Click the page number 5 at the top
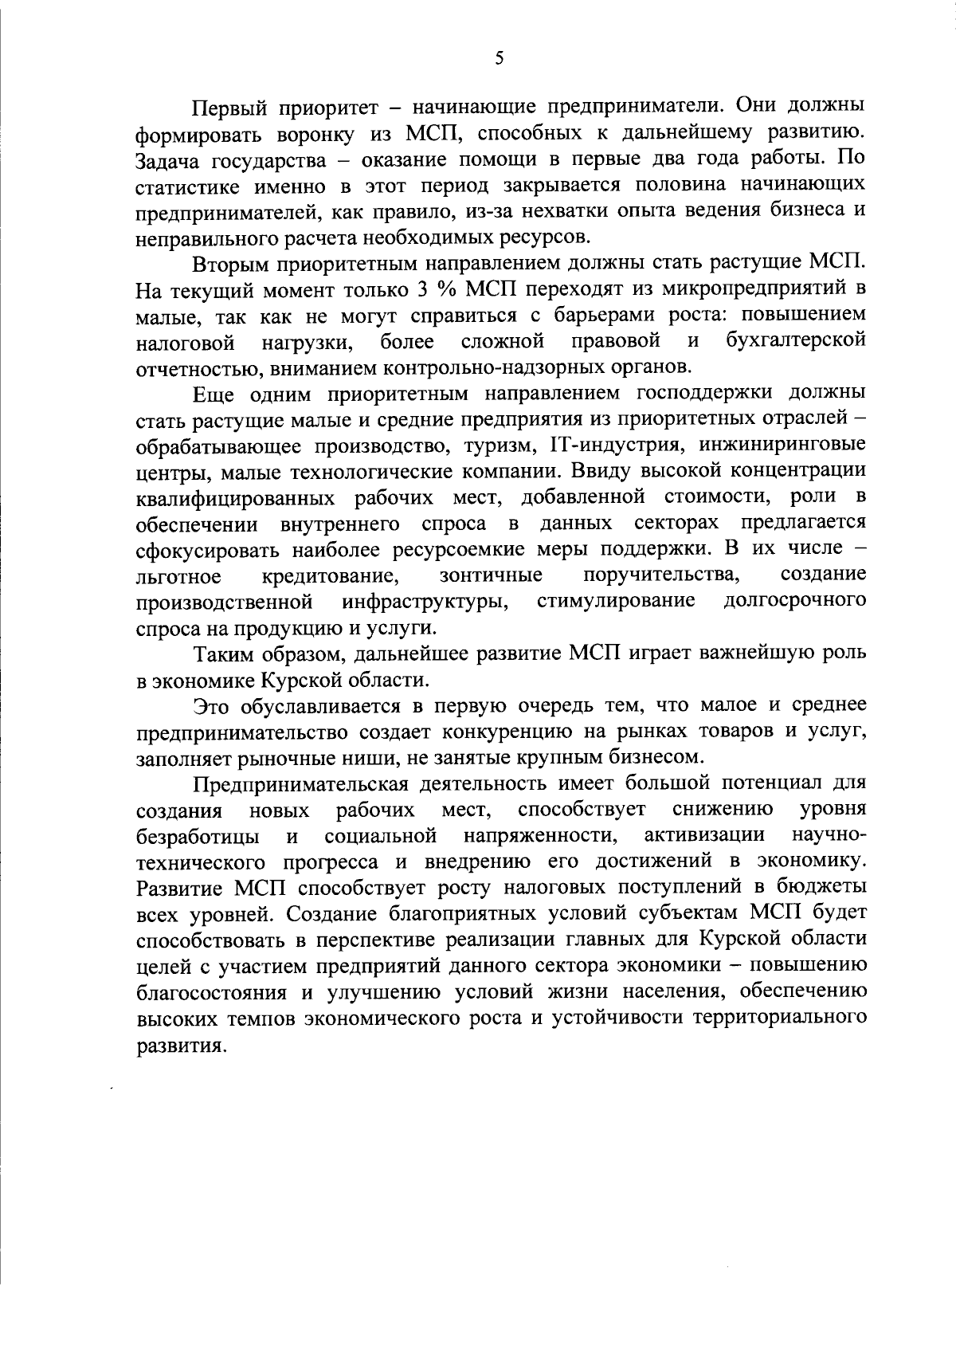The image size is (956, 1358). [499, 58]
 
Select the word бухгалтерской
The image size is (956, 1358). [796, 342]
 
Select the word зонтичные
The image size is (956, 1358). [491, 575]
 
